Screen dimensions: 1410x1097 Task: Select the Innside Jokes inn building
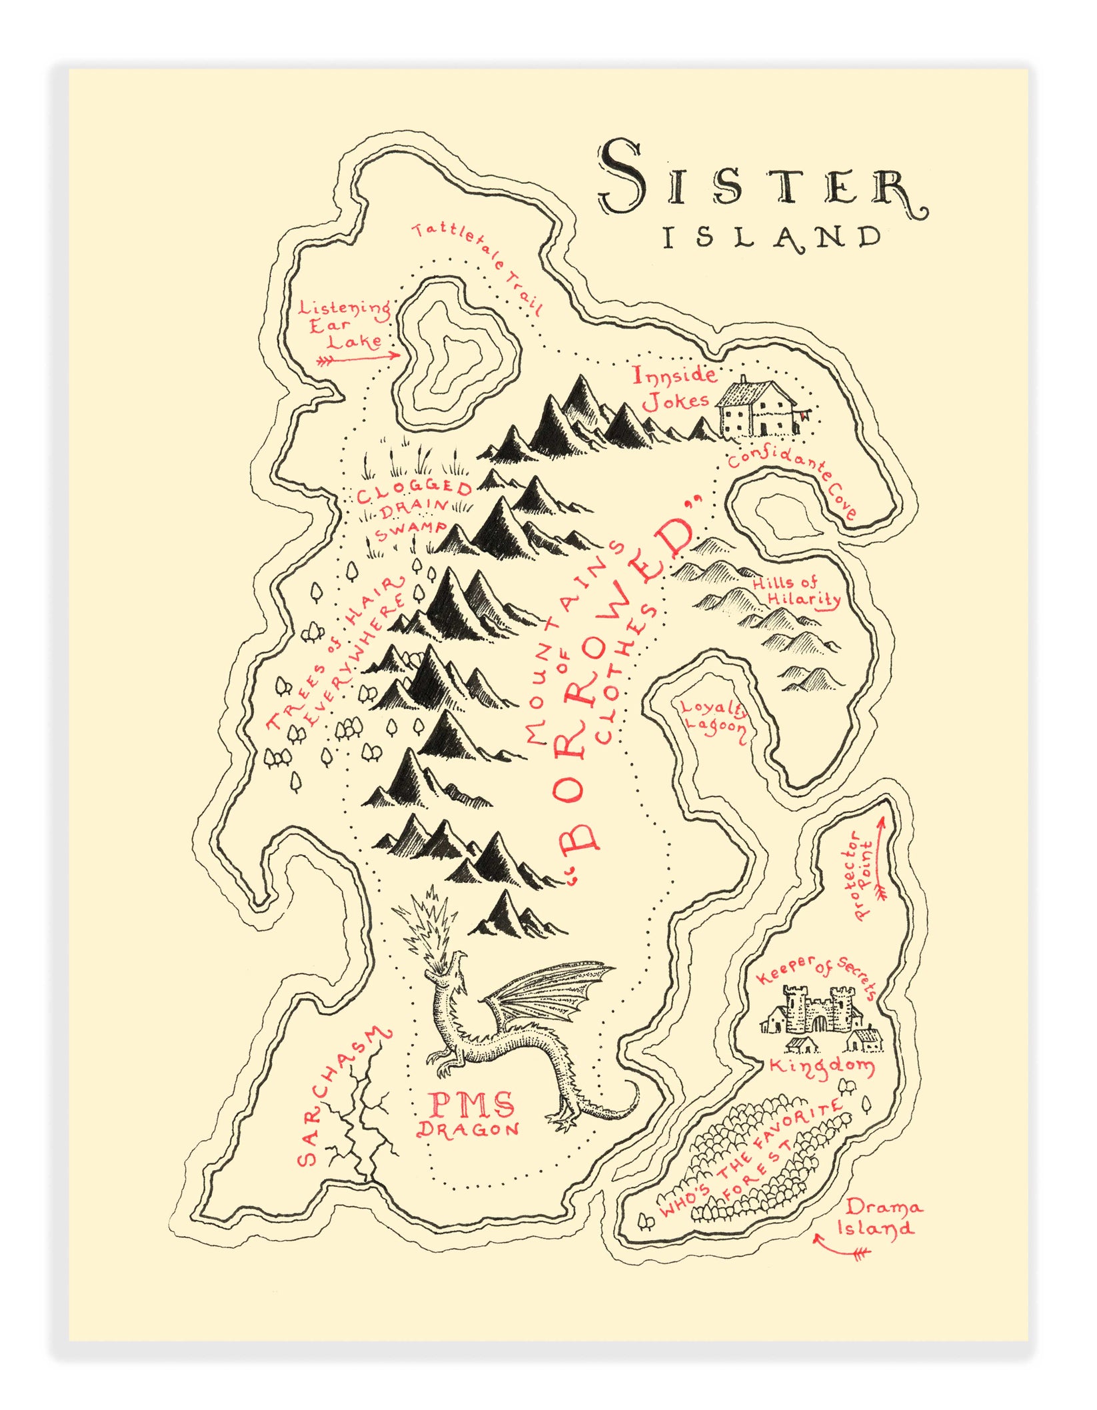pyautogui.click(x=760, y=408)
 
